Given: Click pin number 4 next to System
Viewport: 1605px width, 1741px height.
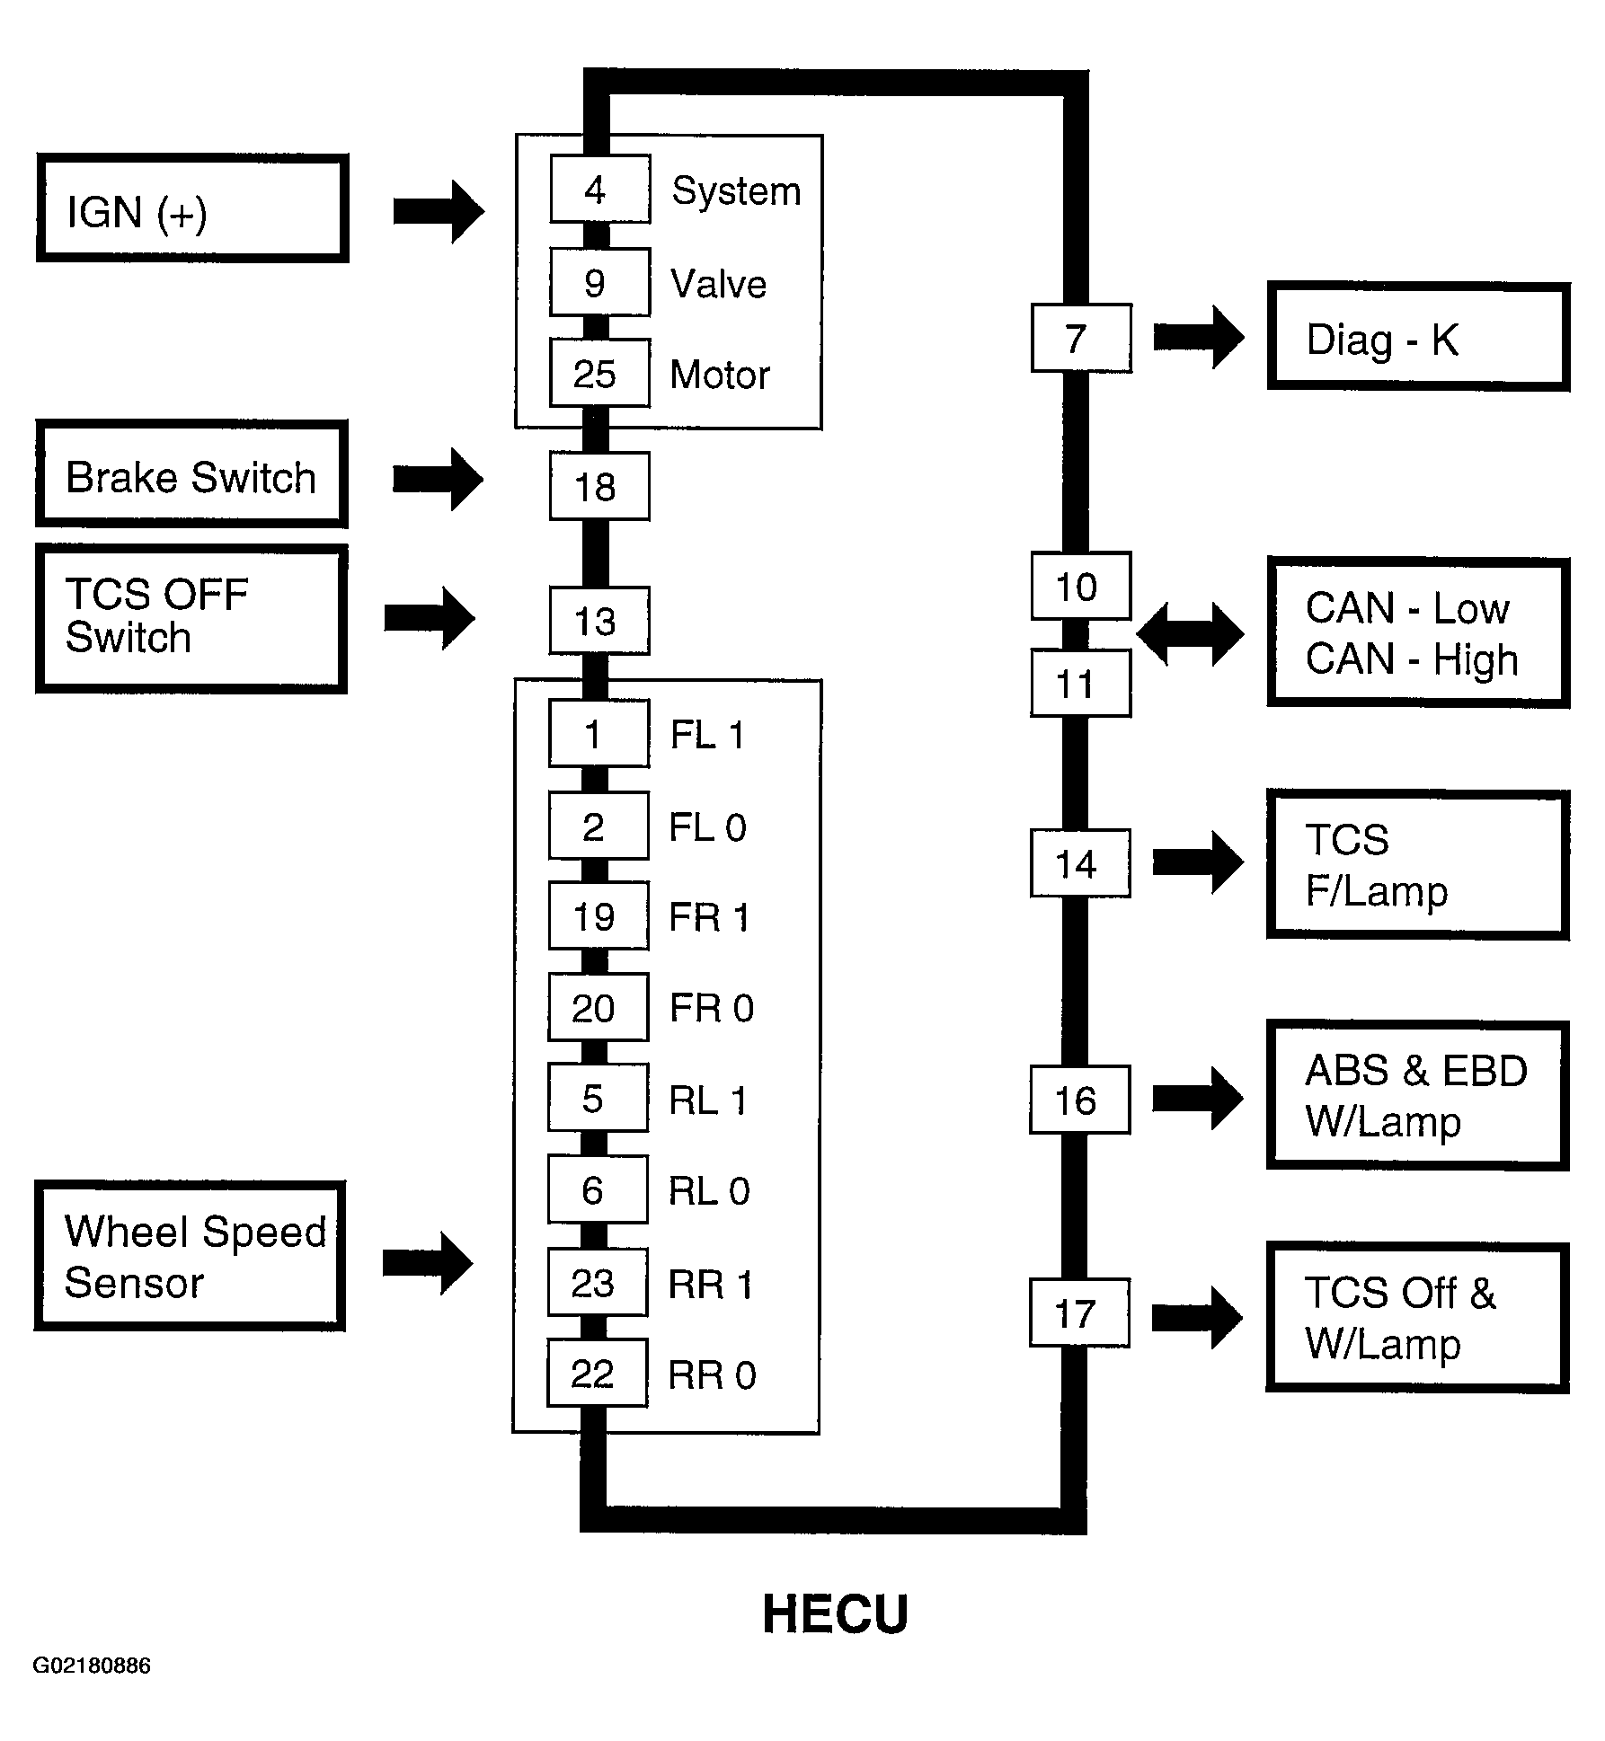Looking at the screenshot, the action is tap(599, 189).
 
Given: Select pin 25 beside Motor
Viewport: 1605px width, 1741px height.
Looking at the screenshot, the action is tap(599, 373).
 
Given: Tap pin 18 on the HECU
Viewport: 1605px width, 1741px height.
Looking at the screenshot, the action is tap(599, 486).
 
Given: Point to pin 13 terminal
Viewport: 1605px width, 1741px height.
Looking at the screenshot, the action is tap(599, 621).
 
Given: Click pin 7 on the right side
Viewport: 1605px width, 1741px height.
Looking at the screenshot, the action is tap(1081, 338).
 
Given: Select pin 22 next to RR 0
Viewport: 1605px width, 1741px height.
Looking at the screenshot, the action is tap(598, 1373).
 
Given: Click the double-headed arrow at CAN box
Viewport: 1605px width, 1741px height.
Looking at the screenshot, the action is tap(1190, 634).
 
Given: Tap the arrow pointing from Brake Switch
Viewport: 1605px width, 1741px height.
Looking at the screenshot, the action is tap(439, 479).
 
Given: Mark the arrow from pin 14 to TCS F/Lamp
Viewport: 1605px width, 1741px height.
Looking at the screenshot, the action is tap(1199, 862).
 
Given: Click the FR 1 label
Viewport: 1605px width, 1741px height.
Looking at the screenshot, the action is tap(709, 918).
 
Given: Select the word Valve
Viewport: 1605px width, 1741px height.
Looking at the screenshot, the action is tap(718, 284).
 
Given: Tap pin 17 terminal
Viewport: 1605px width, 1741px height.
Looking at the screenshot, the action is tap(1079, 1312).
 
